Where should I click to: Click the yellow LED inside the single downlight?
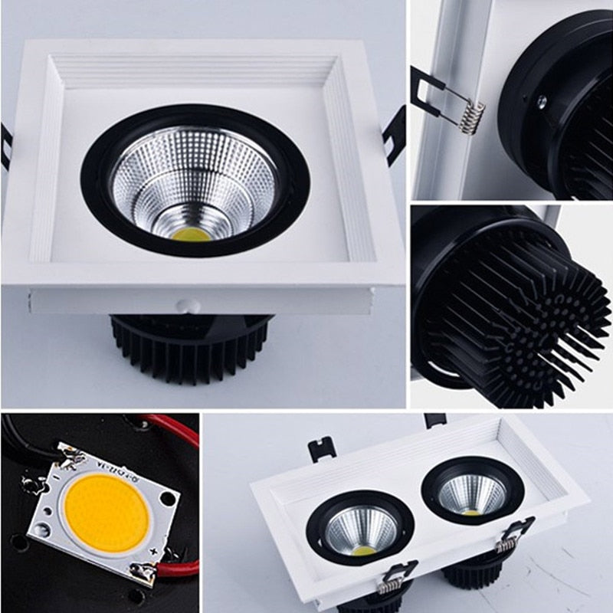192,232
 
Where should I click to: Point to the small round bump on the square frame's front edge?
186,304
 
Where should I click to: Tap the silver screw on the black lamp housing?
542,100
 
